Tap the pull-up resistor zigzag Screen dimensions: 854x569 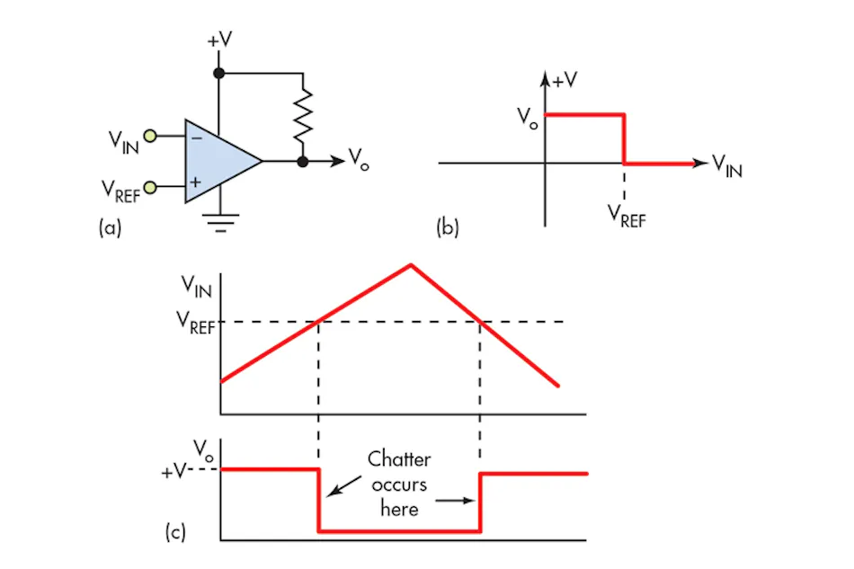[x=303, y=116]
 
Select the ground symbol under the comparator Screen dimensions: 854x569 [x=220, y=223]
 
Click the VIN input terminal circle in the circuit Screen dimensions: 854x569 [x=150, y=136]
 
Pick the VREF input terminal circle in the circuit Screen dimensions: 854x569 [x=150, y=187]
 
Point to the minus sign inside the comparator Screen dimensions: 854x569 [x=197, y=138]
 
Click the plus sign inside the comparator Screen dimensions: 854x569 [x=196, y=182]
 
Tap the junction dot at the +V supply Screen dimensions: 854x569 [x=219, y=73]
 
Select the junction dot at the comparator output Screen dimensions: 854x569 [x=303, y=162]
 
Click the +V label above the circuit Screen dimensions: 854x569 [x=219, y=40]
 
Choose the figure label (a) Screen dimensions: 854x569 [x=110, y=227]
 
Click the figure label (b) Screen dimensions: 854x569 [x=448, y=227]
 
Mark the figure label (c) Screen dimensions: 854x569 [x=175, y=531]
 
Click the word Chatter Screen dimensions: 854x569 [x=399, y=459]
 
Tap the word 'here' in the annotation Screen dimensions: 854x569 [x=399, y=509]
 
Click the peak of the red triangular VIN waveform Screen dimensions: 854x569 [x=411, y=265]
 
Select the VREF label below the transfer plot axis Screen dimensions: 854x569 [x=627, y=216]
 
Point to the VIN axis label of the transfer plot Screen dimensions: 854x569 [x=727, y=165]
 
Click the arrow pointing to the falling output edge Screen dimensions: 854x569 [x=344, y=486]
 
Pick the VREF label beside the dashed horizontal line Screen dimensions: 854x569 [x=196, y=322]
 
